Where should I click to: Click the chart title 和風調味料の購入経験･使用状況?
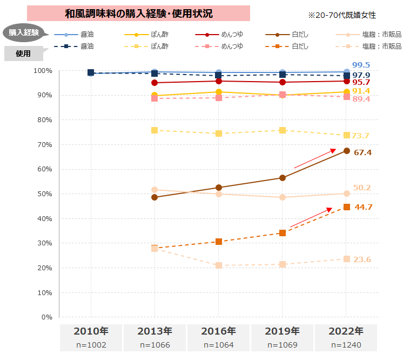click(138, 14)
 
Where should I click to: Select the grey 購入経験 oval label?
click(24, 32)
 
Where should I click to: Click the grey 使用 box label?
click(23, 54)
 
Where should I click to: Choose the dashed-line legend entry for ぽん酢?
click(146, 46)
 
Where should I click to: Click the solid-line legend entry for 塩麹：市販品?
click(368, 35)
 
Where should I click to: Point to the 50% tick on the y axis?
click(43, 194)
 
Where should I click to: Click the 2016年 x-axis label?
click(218, 331)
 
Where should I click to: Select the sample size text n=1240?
click(346, 345)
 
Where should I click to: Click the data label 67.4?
click(362, 153)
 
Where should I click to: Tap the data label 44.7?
click(364, 208)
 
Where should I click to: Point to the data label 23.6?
click(362, 260)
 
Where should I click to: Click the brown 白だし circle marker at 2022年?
click(346, 151)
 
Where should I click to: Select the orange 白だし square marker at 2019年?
click(283, 233)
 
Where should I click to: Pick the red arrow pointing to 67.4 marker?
click(315, 159)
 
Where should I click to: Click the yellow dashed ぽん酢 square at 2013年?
click(154, 130)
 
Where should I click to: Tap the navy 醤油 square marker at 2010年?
click(91, 72)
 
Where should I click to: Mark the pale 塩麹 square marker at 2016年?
click(218, 265)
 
